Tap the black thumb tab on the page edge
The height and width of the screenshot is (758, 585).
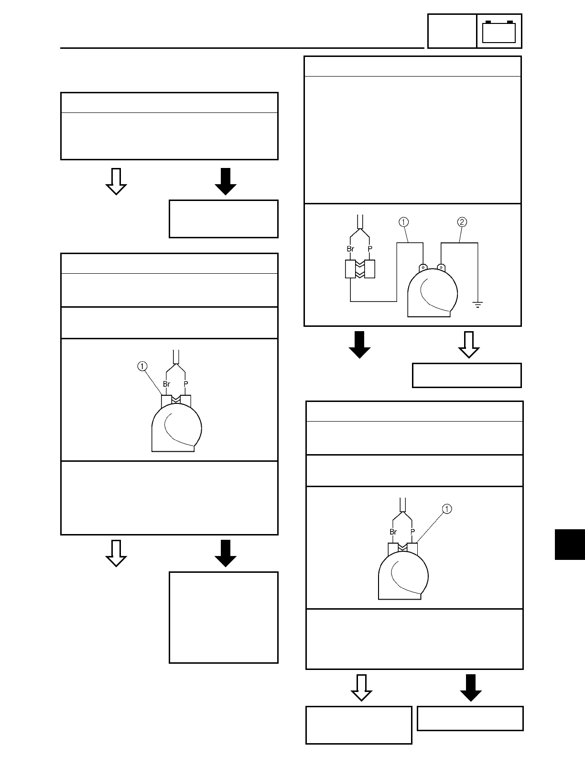(x=570, y=544)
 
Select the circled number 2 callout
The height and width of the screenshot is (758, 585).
(x=462, y=222)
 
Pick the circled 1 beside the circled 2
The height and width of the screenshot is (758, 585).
(x=403, y=222)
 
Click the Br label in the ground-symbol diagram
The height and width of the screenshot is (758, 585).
(x=350, y=249)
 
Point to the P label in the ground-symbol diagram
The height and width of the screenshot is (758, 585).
(x=369, y=249)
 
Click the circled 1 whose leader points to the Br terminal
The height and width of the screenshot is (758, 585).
(x=141, y=366)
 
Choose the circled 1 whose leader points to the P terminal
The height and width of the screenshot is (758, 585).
(x=446, y=509)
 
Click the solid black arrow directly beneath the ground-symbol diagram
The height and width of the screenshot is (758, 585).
(x=359, y=345)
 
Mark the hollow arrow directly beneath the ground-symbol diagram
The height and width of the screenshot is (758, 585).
(x=469, y=345)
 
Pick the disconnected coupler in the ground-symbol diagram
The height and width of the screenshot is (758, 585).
(x=360, y=269)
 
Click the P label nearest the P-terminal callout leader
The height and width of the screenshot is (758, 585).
(x=412, y=532)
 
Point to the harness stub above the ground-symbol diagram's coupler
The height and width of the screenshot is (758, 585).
(x=360, y=223)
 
